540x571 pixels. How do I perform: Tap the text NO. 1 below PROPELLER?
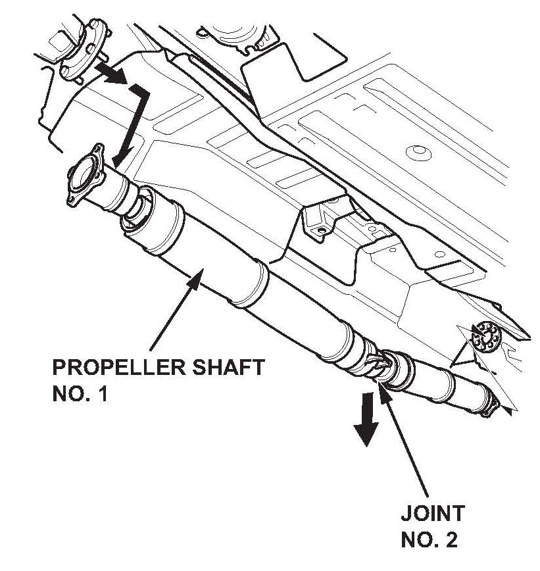tap(78, 396)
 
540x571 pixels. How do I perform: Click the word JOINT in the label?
tap(432, 513)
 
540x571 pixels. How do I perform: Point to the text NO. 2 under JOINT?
tap(430, 541)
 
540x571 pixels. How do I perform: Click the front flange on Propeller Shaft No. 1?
tap(84, 176)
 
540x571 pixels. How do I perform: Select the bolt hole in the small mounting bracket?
tap(321, 230)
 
